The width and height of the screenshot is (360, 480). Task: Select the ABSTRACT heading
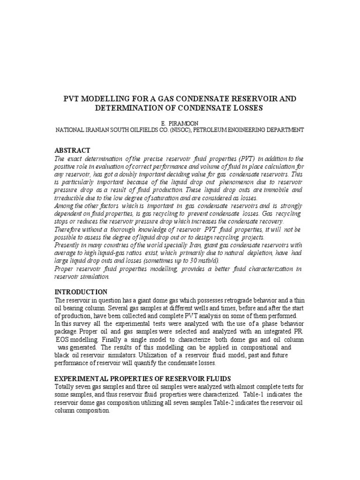coord(73,150)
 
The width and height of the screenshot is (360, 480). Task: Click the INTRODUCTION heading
coord(81,292)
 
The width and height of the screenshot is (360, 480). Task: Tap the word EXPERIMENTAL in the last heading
coord(85,378)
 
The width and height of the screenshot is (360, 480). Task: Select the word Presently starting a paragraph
coord(68,245)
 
